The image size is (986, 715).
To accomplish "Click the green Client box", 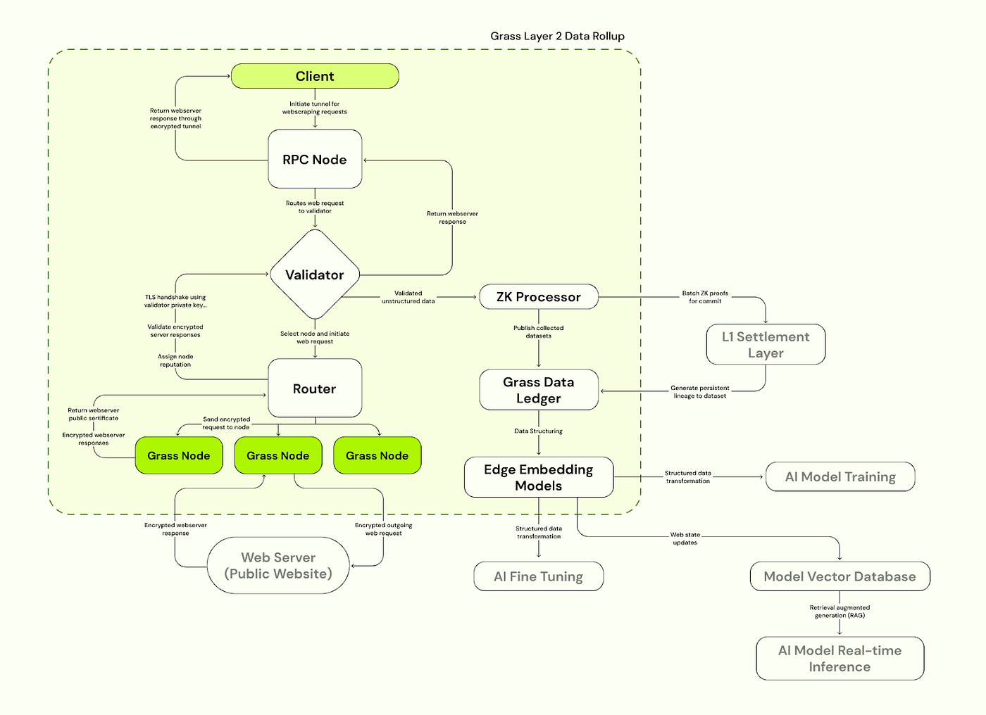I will coord(315,76).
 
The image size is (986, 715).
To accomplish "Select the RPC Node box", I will coord(315,159).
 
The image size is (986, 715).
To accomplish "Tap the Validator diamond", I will coord(315,274).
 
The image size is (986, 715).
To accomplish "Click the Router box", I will coord(315,388).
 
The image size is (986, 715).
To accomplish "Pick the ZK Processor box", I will coord(538,296).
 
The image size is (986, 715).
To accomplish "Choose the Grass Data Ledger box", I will coord(538,390).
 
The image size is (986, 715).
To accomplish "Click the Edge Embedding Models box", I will coord(538,477).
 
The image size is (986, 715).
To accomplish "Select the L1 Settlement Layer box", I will coord(765,344).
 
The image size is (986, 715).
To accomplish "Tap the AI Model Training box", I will coord(840,476).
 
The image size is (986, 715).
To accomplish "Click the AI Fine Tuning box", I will coord(538,576).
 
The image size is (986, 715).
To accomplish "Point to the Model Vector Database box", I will coord(840,576).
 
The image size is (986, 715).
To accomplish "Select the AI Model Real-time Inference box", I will coord(840,659).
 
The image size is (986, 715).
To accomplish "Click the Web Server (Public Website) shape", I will coord(278,565).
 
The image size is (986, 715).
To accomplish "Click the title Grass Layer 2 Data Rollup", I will coord(557,36).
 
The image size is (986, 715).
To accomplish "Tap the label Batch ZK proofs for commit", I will coord(705,297).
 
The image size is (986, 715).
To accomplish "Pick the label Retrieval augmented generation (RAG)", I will coord(840,611).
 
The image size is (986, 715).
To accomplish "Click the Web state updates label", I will coord(685,538).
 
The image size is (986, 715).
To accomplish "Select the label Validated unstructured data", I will coord(408,297).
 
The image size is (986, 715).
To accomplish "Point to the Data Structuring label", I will coord(538,431).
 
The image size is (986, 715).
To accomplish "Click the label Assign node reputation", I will coord(175,360).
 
